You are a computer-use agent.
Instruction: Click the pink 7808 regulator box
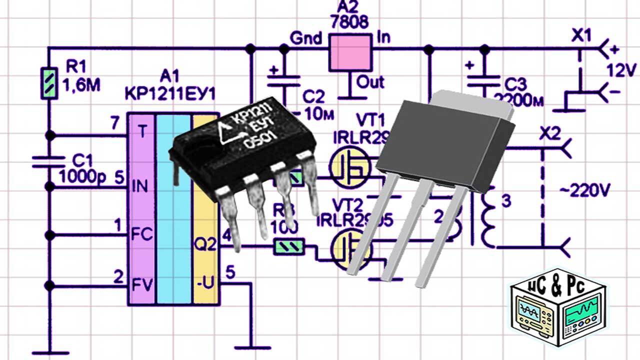click(x=351, y=52)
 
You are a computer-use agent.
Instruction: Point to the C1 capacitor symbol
click(x=49, y=161)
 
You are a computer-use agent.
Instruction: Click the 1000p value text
click(x=83, y=176)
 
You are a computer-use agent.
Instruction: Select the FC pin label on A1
click(x=141, y=235)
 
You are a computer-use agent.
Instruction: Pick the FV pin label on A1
click(x=141, y=285)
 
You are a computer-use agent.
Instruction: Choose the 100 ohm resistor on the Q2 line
click(x=289, y=246)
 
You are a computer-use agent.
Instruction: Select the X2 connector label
click(x=550, y=134)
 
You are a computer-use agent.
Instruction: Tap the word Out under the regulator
click(x=370, y=81)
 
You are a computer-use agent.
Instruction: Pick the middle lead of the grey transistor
click(x=400, y=235)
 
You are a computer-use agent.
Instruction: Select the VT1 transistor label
click(x=370, y=120)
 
